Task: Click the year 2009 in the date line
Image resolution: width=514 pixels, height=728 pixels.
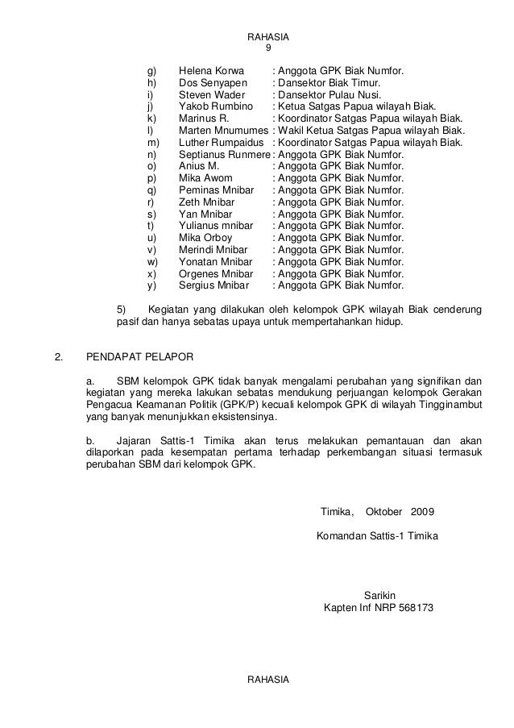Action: pos(421,512)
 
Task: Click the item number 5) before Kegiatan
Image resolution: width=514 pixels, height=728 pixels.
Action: pos(122,309)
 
